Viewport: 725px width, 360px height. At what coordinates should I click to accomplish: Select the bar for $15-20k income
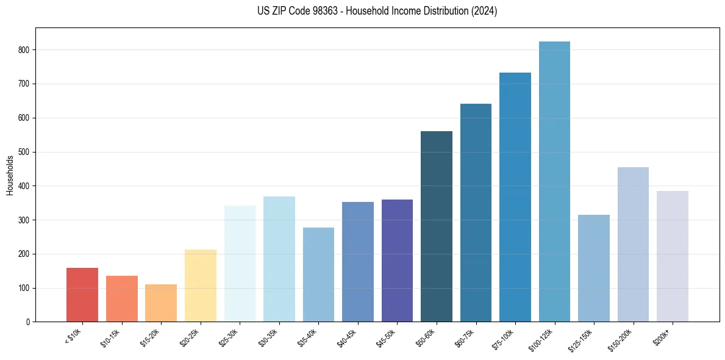click(x=161, y=303)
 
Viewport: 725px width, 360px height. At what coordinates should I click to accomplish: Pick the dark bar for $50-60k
click(x=437, y=226)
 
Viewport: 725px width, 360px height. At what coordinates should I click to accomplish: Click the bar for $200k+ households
click(x=673, y=256)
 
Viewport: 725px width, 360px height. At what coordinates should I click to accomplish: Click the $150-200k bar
click(x=633, y=244)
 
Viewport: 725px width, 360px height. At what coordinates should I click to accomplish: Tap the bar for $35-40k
click(x=318, y=275)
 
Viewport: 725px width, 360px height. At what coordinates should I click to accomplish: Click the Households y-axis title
click(x=10, y=175)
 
